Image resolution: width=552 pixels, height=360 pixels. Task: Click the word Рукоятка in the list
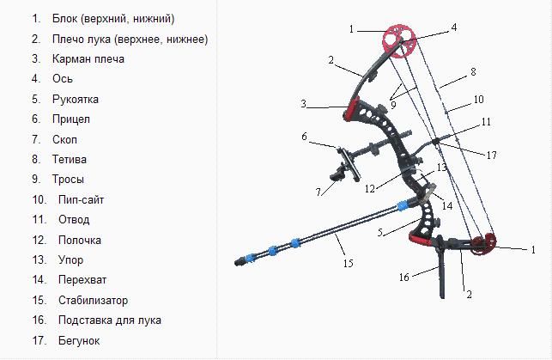[75, 100]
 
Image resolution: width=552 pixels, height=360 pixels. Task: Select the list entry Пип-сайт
[81, 200]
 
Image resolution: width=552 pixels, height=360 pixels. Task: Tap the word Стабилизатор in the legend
[93, 300]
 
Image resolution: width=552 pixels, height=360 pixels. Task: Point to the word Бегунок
[79, 340]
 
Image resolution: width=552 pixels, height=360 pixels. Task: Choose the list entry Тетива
[70, 160]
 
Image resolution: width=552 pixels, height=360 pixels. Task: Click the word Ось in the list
[63, 78]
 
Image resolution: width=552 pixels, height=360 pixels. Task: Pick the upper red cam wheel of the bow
[399, 40]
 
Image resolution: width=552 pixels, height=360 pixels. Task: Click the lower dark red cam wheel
[484, 243]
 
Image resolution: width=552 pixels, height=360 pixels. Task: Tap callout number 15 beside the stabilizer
[348, 263]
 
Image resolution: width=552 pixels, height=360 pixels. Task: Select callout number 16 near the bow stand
[403, 278]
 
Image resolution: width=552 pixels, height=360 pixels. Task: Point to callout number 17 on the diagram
[491, 155]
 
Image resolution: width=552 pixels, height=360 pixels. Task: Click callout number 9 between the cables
[393, 105]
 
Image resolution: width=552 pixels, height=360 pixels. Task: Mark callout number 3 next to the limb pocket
[303, 104]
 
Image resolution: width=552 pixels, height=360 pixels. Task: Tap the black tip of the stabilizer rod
[240, 261]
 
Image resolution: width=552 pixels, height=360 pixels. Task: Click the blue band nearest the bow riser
[402, 205]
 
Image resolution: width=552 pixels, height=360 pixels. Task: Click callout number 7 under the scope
[318, 192]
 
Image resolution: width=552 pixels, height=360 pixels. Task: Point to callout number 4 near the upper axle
[454, 27]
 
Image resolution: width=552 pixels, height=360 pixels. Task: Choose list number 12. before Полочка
[39, 241]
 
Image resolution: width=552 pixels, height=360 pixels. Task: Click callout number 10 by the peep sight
[478, 100]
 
